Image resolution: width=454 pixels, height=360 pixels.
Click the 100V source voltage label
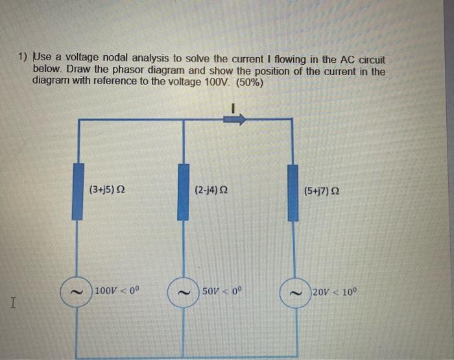[116, 291]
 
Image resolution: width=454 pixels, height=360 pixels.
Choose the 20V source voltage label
[335, 291]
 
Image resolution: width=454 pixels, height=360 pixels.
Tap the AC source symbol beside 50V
[184, 293]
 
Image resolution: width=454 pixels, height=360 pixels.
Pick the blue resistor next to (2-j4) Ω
[184, 192]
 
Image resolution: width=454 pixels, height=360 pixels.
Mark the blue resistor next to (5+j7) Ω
[293, 193]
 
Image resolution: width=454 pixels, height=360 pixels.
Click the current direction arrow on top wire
[235, 119]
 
